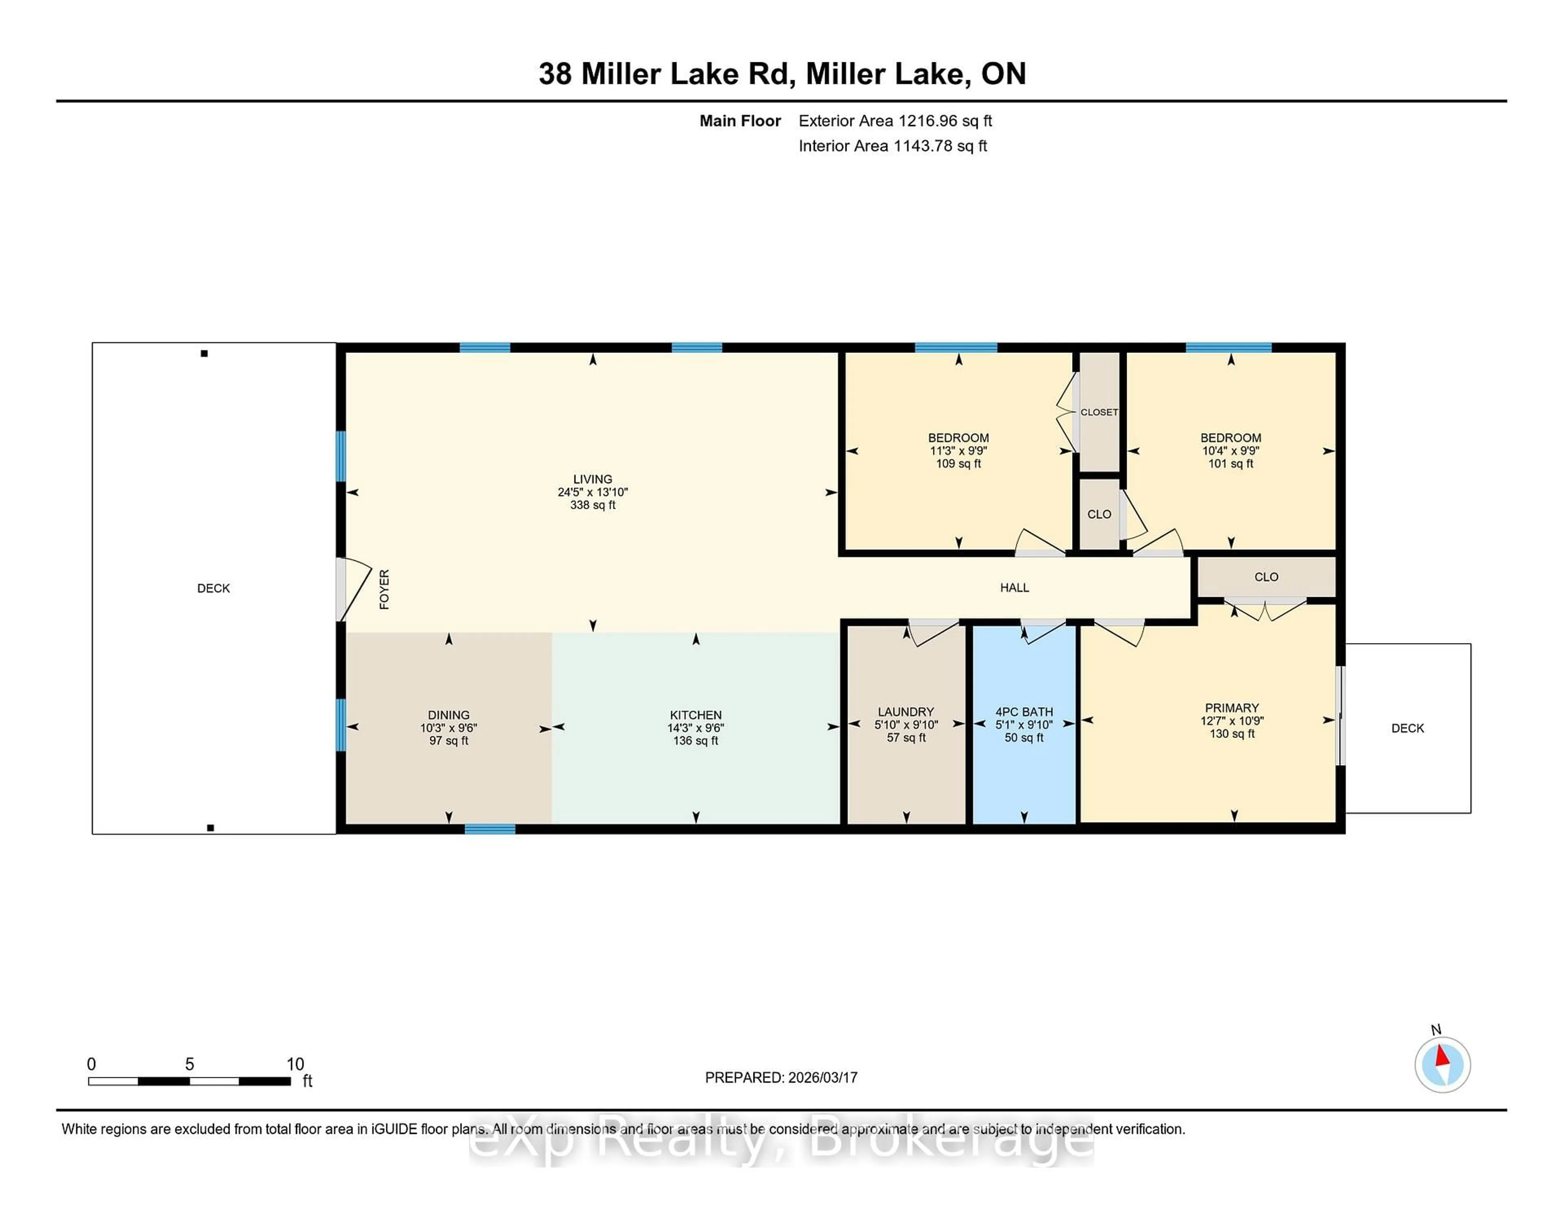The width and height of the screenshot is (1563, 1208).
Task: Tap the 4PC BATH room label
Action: [1024, 712]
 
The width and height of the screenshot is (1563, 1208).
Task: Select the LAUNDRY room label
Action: [906, 712]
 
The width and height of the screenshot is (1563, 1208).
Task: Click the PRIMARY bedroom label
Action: [1232, 708]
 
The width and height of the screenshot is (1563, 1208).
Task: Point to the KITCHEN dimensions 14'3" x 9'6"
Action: [696, 728]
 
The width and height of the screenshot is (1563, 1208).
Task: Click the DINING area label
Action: [449, 715]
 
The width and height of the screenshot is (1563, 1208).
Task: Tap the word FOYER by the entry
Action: [384, 589]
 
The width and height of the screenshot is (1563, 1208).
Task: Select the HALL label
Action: [1014, 588]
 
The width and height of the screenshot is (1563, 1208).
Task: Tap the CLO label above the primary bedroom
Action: [1266, 577]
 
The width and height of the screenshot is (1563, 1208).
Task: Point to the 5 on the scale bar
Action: [190, 1064]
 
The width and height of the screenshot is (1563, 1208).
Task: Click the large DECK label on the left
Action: [213, 588]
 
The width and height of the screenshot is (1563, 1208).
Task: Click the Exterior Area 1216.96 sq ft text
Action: [895, 121]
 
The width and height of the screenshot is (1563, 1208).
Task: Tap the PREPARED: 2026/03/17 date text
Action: [781, 1078]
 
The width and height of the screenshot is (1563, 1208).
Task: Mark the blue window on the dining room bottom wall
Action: [490, 829]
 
